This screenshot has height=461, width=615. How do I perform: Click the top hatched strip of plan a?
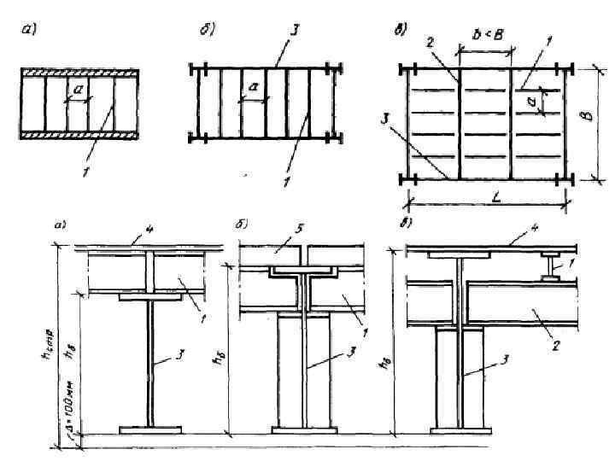[x=79, y=74]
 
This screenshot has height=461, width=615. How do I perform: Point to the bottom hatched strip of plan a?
[x=79, y=134]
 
